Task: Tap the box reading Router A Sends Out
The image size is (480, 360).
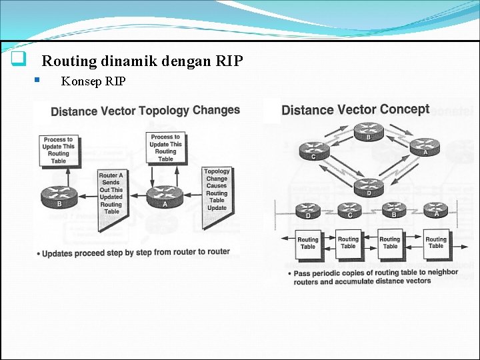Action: (111, 193)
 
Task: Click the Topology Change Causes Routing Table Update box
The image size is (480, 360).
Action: (217, 190)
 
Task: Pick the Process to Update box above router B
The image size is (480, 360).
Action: (59, 150)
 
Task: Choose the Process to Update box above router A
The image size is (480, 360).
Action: (165, 148)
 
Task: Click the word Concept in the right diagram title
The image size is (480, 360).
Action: (404, 109)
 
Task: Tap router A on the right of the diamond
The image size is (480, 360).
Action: (424, 146)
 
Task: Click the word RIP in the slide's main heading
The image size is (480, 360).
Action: (230, 61)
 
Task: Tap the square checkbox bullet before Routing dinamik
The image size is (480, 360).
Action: (19, 60)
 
